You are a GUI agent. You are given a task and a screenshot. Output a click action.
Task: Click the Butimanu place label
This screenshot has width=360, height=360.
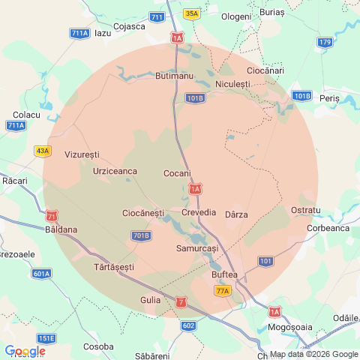click(x=174, y=76)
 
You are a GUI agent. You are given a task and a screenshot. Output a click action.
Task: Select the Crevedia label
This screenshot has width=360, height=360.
click(x=199, y=214)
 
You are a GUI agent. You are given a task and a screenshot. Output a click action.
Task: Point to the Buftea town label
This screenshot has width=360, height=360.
click(x=225, y=275)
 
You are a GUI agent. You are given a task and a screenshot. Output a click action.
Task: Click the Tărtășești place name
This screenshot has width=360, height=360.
click(x=114, y=267)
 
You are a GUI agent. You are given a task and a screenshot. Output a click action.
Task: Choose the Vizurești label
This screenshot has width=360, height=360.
click(x=82, y=154)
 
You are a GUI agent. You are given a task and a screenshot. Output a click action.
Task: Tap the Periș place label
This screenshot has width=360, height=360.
click(x=328, y=98)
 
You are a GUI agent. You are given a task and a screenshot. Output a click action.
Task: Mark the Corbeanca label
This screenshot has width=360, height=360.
click(x=328, y=228)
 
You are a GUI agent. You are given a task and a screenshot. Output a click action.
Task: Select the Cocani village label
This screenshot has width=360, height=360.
click(x=177, y=173)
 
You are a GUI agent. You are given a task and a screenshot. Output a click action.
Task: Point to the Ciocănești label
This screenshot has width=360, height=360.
click(x=142, y=214)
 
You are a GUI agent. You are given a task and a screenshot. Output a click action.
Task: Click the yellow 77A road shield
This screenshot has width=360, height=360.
click(x=222, y=291)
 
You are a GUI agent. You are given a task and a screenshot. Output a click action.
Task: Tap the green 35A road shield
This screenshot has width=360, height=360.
click(x=192, y=13)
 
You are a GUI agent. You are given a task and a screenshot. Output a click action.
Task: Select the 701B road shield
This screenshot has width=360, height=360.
click(x=140, y=235)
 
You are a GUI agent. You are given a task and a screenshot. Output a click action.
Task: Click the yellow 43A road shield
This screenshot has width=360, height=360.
click(x=43, y=151)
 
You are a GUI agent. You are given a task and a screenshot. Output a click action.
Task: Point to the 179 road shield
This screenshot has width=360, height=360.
click(x=325, y=42)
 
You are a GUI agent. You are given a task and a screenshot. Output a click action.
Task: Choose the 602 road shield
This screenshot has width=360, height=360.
click(x=188, y=325)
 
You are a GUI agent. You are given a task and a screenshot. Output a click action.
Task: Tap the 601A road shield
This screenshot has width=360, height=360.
click(x=42, y=274)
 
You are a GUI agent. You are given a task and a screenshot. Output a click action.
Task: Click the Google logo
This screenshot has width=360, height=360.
click(x=25, y=351)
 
